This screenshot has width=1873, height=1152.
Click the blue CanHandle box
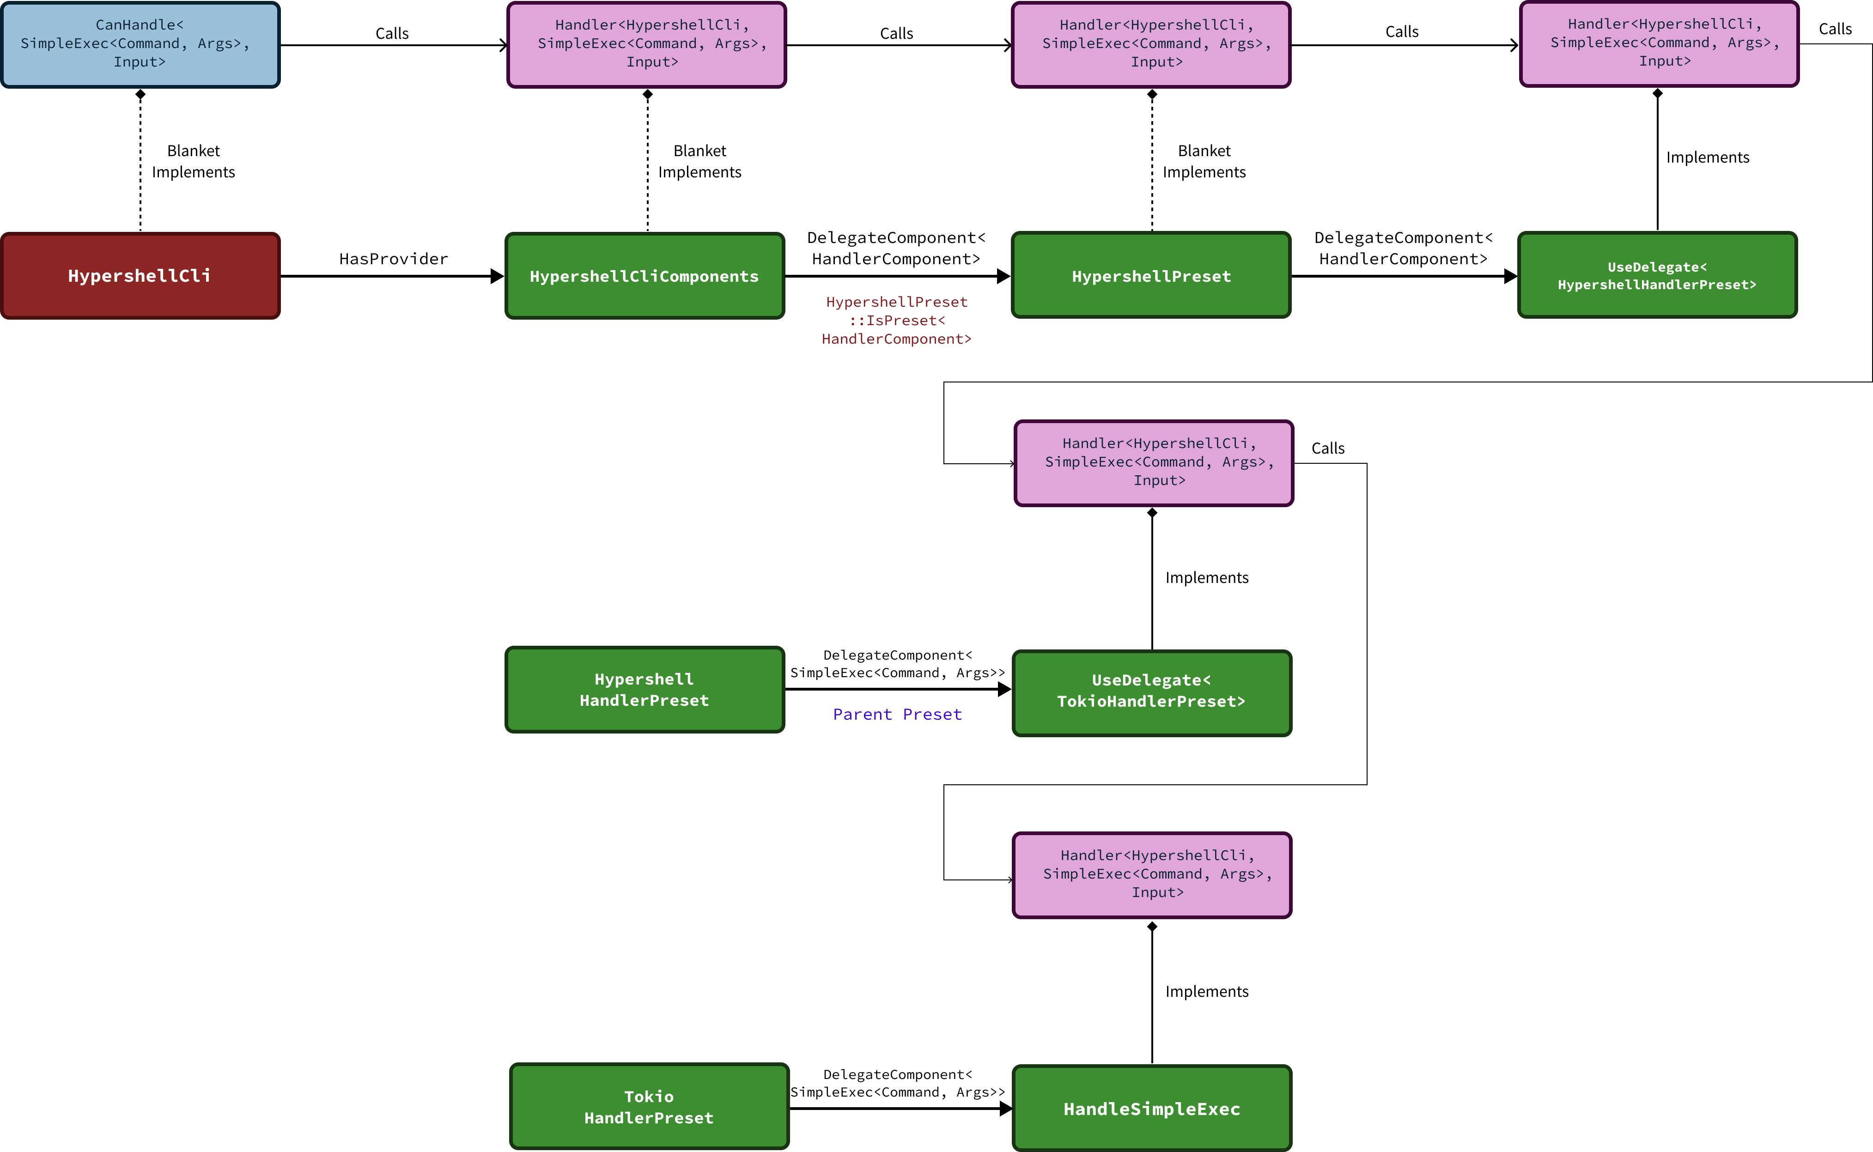[140, 44]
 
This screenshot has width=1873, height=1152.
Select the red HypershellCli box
[140, 276]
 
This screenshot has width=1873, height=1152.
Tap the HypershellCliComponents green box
[645, 276]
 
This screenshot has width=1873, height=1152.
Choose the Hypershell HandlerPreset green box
[645, 690]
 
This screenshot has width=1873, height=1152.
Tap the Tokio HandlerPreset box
[649, 1106]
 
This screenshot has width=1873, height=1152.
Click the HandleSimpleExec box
[1151, 1109]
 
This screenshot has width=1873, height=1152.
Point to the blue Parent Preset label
[898, 715]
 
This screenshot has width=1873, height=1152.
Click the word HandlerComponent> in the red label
[897, 339]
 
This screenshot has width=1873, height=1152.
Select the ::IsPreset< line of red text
[897, 321]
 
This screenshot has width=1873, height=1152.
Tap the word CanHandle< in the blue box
[140, 25]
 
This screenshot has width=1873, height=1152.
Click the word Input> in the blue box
[140, 62]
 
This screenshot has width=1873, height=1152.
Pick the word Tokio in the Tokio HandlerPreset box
[649, 1097]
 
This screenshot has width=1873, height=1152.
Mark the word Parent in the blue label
[863, 715]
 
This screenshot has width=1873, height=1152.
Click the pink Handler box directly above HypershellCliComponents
[646, 44]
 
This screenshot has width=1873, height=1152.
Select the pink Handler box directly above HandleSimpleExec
[1151, 875]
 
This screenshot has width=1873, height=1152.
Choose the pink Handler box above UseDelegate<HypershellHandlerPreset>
[1659, 43]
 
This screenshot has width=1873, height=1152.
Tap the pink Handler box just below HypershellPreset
[1154, 462]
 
